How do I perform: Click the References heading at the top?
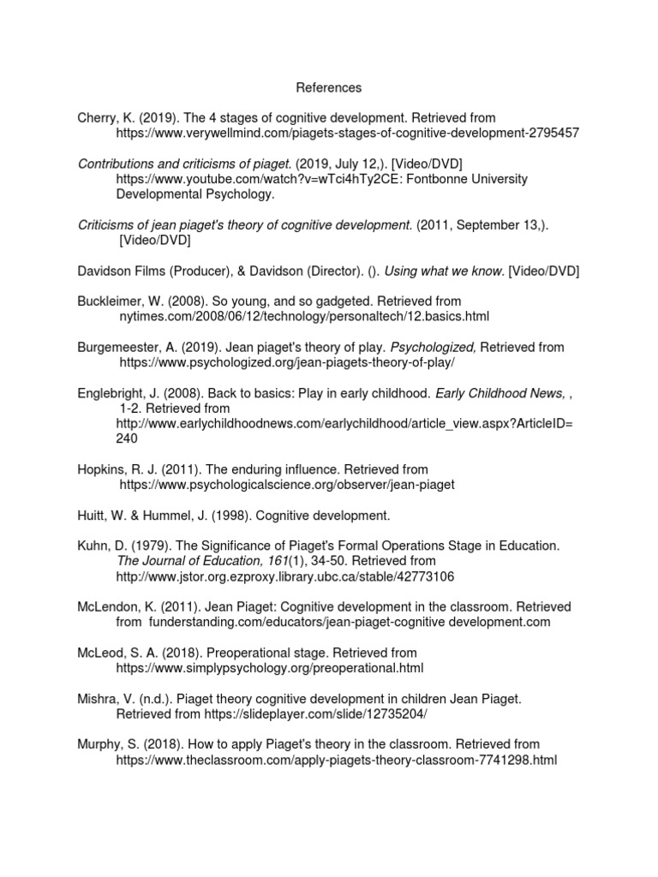point(329,87)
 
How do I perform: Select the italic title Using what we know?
point(444,271)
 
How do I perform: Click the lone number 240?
point(127,438)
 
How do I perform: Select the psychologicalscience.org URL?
point(287,485)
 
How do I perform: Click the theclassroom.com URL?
point(337,760)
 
